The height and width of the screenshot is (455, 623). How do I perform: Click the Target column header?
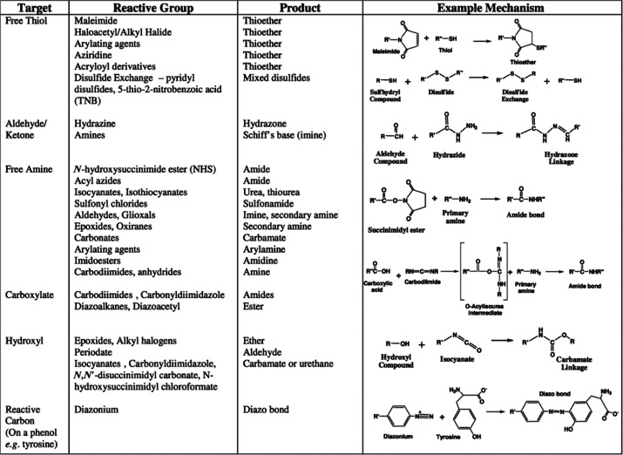coord(26,8)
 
